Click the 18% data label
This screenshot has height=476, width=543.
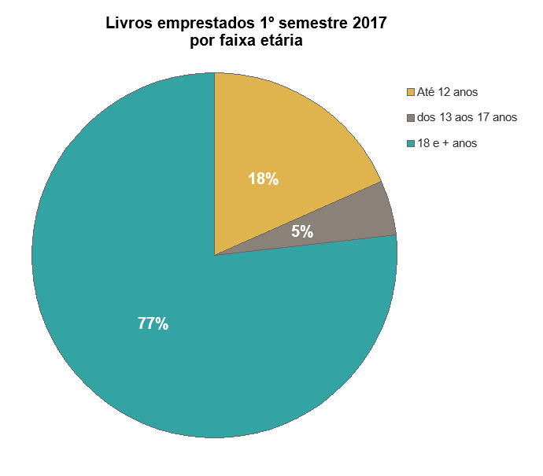(x=263, y=179)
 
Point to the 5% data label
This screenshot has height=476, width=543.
(x=302, y=232)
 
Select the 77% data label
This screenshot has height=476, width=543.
(x=153, y=323)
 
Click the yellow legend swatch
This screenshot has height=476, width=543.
(x=410, y=93)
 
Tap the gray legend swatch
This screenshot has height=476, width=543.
(x=410, y=118)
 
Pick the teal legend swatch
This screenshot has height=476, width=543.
(x=410, y=143)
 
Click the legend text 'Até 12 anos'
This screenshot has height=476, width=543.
(x=448, y=93)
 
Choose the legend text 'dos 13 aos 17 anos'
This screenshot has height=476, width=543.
(x=467, y=118)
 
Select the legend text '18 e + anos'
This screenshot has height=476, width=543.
(x=448, y=143)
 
